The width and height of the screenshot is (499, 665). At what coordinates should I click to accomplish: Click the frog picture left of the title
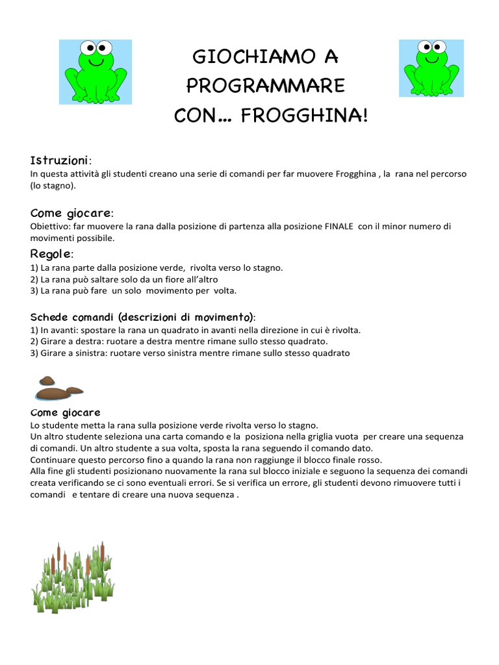coord(95,71)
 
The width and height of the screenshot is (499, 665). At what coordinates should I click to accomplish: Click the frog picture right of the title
coord(431,68)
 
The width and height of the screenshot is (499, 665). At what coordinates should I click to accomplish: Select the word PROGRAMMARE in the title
coord(266,86)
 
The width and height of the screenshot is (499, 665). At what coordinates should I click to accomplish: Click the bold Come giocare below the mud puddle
coord(65,413)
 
